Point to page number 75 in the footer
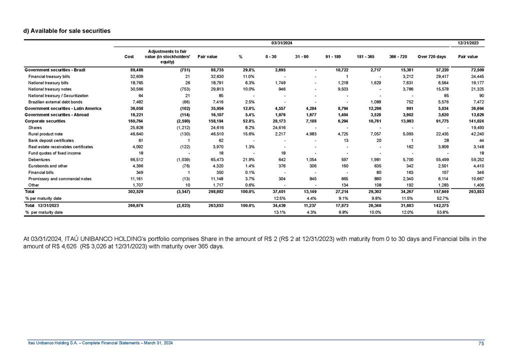tap(481, 342)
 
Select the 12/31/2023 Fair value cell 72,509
tap(476, 69)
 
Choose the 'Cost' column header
tap(129, 56)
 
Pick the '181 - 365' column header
tap(364, 56)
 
